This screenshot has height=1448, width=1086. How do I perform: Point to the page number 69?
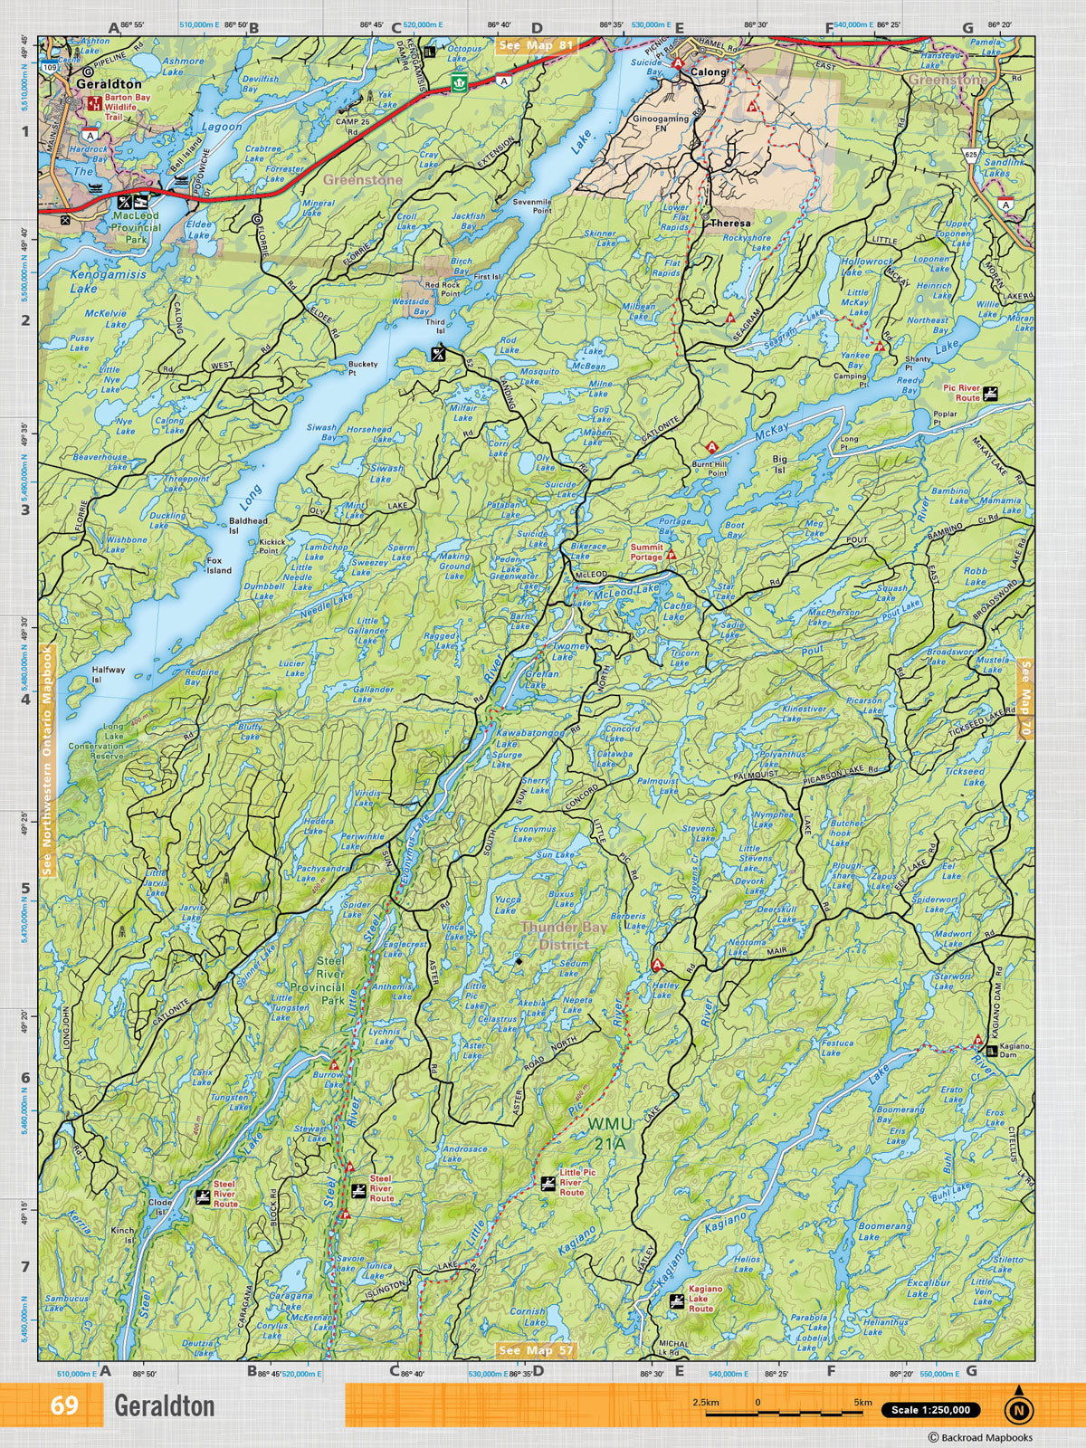coord(64,1405)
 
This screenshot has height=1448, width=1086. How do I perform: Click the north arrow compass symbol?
coord(1020,1408)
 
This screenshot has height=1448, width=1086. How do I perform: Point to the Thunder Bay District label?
coord(554,936)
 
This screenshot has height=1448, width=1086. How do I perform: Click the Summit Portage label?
coord(647,552)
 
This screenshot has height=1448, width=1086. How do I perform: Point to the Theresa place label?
coord(729,223)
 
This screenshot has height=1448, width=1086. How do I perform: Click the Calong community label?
coord(709,71)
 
